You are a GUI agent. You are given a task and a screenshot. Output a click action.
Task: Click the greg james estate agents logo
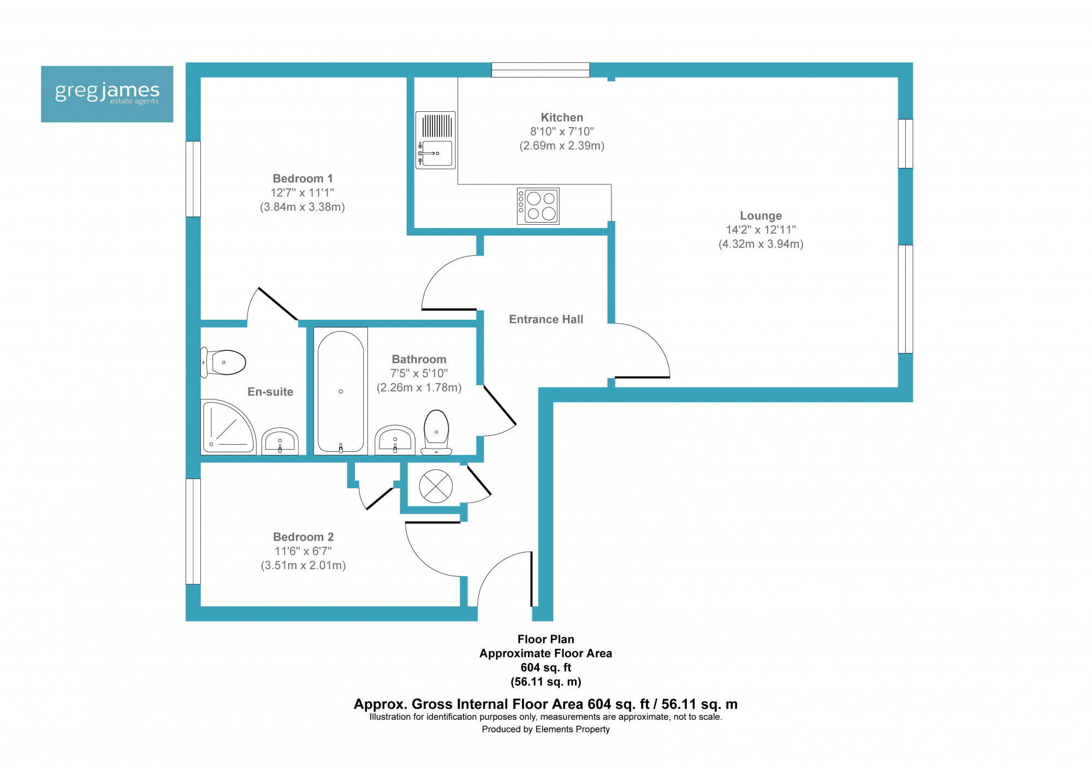[107, 94]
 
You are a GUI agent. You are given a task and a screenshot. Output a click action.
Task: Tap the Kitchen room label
[562, 117]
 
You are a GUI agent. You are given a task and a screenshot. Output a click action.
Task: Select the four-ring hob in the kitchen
[538, 206]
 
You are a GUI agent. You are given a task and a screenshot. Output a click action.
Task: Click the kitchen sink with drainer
[436, 140]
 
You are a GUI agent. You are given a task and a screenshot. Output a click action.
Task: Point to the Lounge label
[761, 216]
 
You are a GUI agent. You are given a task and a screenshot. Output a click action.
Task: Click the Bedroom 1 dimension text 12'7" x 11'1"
[302, 193]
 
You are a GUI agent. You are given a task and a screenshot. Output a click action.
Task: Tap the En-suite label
[270, 392]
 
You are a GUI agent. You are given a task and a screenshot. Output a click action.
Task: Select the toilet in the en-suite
[223, 362]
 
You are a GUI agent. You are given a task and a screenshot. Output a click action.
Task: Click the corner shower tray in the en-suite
[228, 427]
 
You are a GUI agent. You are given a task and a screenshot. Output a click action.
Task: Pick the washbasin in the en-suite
[280, 441]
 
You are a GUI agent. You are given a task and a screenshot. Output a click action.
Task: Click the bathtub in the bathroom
[341, 391]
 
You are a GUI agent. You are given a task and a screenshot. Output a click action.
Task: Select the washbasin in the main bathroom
[395, 440]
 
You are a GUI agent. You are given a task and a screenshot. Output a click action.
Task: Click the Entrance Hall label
[546, 319]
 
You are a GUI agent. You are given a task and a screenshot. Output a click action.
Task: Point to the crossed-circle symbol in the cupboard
[436, 486]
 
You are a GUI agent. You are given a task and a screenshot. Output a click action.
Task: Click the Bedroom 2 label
[303, 537]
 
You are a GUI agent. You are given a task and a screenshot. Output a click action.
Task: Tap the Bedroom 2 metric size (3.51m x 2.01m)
[303, 565]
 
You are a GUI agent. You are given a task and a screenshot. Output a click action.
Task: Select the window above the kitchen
[541, 70]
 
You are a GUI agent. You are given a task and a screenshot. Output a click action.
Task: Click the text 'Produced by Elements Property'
[545, 729]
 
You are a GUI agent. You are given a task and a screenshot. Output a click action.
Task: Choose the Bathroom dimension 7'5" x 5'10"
[419, 373]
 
